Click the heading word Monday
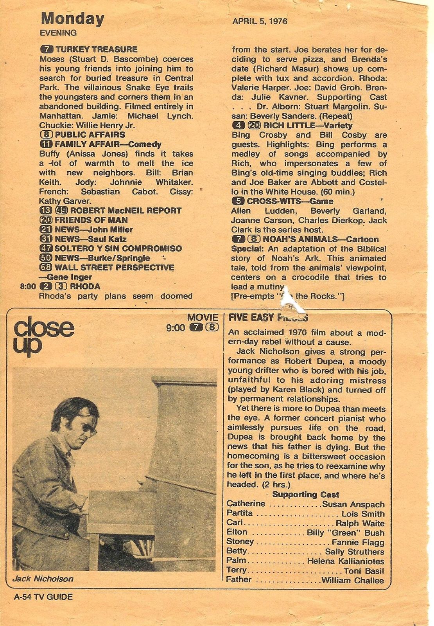(72, 19)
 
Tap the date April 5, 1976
(260, 21)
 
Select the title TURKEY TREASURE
(96, 49)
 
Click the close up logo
(43, 336)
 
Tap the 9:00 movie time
(176, 328)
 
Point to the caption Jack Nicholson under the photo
(43, 579)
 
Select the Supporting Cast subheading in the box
(306, 495)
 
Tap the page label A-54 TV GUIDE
(43, 597)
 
